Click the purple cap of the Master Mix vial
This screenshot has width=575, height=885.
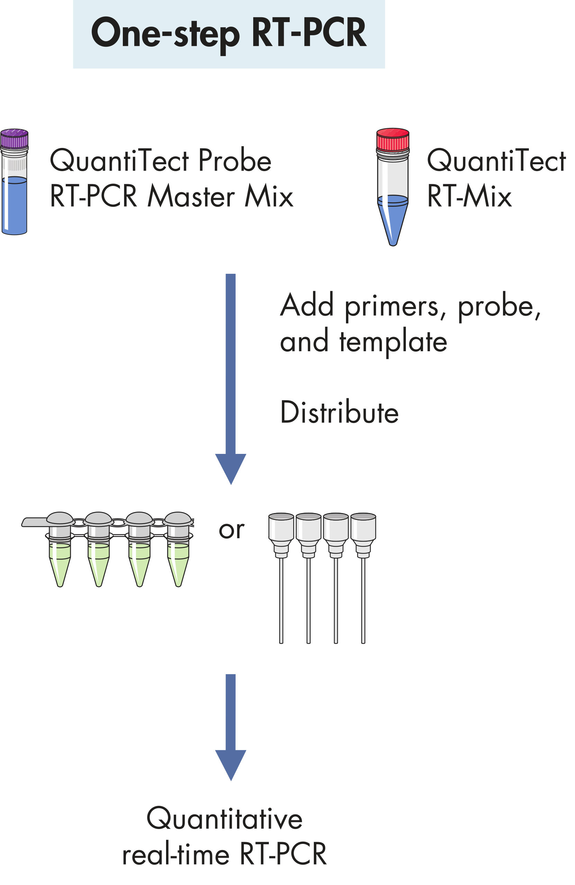point(14,138)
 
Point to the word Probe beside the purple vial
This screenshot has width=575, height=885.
point(235,160)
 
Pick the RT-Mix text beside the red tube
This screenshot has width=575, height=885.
point(469,196)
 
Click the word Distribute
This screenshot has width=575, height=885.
point(339,412)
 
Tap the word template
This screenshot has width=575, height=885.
point(393,342)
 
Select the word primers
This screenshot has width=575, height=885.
point(391,307)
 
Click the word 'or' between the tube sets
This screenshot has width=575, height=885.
point(231,530)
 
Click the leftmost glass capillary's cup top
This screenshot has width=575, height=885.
point(281,527)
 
